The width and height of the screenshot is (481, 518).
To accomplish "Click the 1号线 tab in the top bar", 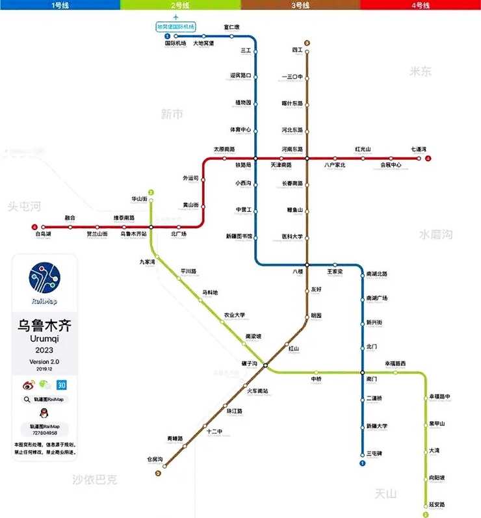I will tap(60, 5).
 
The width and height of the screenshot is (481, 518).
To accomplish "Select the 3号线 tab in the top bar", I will tap(300, 5).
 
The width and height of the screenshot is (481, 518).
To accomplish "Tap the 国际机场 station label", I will tap(175, 44).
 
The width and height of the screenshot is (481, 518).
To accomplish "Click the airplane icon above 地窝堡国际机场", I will tap(175, 17).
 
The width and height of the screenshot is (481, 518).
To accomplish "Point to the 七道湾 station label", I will tap(419, 149).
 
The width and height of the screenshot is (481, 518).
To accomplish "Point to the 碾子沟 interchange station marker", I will tap(265, 366).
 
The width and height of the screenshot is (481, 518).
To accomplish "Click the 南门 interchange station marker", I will tap(362, 372).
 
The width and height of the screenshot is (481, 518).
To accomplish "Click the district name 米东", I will tap(421, 71).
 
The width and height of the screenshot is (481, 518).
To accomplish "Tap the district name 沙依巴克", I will tap(95, 480).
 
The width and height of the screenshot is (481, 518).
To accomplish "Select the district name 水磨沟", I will tap(435, 234).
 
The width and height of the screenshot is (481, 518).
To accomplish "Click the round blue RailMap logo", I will tap(44, 278).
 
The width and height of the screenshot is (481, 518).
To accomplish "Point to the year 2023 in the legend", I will tap(44, 350).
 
